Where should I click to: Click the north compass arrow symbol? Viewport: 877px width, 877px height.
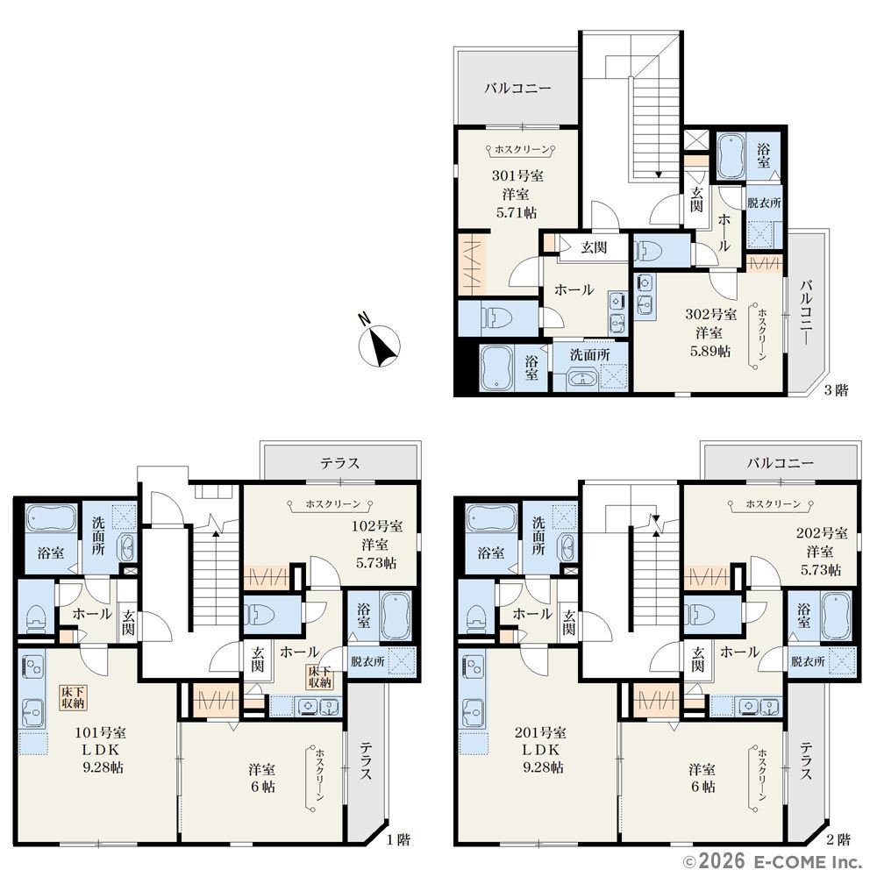pos(379,341)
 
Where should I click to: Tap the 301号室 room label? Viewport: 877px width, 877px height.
pos(517,175)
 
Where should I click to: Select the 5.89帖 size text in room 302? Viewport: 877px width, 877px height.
pos(709,352)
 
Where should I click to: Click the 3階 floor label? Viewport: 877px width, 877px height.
pos(836,390)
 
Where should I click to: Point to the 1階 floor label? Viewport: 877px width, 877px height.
pos(399,839)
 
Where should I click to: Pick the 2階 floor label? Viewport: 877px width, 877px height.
pos(838,839)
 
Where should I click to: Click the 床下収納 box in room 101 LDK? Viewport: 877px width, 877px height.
pos(74,697)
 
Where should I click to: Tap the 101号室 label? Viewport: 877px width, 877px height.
pos(101,732)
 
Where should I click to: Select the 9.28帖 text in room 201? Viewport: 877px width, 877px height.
pos(543,767)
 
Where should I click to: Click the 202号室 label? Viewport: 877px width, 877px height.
pos(822,533)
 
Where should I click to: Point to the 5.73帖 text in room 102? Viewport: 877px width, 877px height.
pos(376,563)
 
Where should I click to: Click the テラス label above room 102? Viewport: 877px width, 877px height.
pos(340,463)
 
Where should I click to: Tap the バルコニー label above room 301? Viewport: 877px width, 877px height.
pos(518,88)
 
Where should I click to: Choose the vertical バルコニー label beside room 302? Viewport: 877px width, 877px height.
pos(806,312)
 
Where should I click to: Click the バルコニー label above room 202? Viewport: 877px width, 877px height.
pos(781,463)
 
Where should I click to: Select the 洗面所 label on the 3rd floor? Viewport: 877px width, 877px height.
pos(589,354)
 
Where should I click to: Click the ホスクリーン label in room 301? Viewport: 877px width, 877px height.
pos(521,149)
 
